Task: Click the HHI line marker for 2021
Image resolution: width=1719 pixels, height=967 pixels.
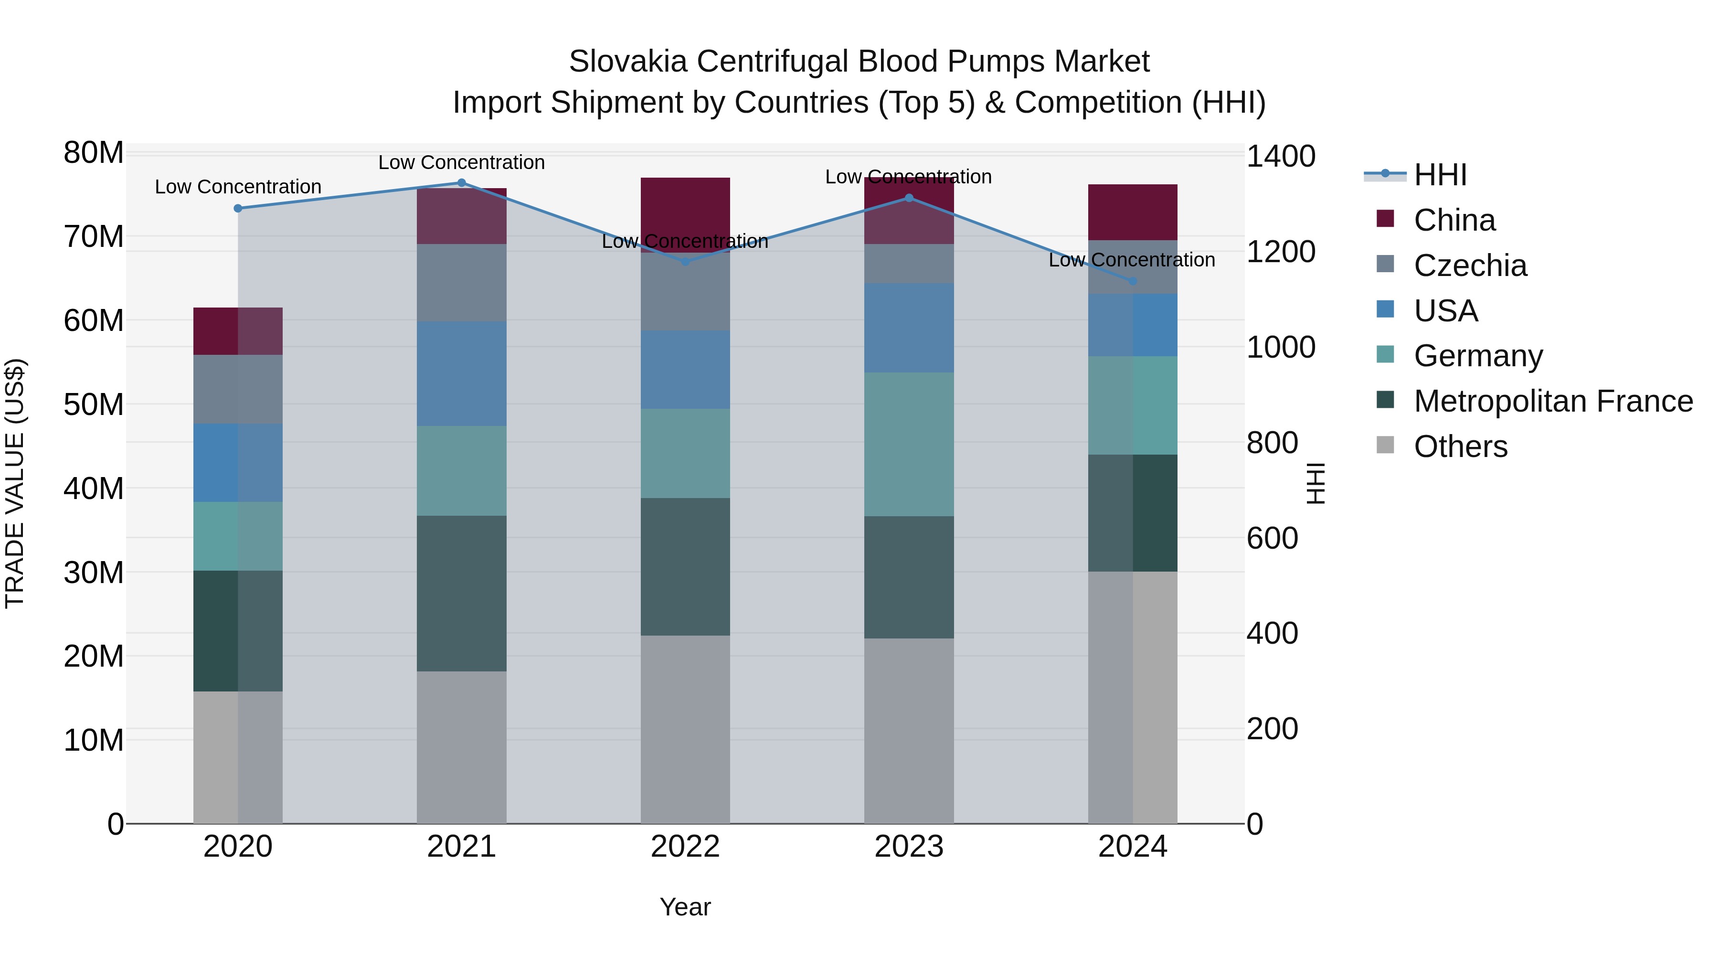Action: tap(461, 183)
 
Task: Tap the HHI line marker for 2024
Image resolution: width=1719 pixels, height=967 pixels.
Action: tap(1133, 282)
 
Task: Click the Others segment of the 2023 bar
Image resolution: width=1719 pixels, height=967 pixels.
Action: tap(909, 730)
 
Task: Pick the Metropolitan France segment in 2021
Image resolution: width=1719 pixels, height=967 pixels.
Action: tap(461, 593)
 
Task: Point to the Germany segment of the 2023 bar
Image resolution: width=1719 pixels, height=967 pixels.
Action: tap(909, 444)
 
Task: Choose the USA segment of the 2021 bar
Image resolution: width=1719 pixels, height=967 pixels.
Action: tap(461, 374)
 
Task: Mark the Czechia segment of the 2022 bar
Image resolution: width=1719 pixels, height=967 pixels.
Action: tap(685, 292)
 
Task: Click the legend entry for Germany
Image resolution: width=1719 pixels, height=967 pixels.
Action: tap(1478, 356)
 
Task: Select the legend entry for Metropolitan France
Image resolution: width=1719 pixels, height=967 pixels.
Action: tap(1553, 401)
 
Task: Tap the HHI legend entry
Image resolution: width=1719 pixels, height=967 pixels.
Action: tap(1440, 175)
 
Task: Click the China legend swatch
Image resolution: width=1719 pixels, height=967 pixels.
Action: tap(1385, 219)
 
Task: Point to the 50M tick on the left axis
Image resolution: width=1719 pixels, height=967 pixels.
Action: tap(94, 404)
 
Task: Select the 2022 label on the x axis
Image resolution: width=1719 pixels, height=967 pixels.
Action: tap(685, 847)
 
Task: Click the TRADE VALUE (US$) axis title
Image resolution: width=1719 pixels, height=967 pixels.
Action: tap(15, 483)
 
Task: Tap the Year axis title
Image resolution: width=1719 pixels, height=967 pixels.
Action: tap(685, 907)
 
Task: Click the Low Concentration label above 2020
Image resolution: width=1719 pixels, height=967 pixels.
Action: tap(238, 187)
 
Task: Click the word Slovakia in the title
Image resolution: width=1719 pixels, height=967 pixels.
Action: tap(627, 62)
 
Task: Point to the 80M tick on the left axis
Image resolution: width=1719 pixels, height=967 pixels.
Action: tap(94, 153)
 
